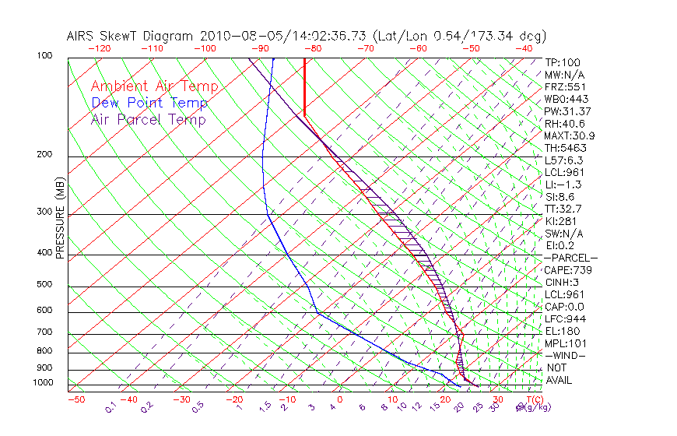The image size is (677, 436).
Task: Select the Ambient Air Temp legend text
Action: (x=155, y=86)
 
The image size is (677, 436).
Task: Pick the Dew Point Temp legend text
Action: (x=149, y=103)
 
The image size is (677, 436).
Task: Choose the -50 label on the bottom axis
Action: (x=75, y=399)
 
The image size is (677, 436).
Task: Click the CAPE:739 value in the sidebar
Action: (x=568, y=270)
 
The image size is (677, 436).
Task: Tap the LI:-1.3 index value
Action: (x=563, y=185)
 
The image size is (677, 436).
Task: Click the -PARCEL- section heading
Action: (x=570, y=258)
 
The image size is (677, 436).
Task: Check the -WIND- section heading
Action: (x=566, y=355)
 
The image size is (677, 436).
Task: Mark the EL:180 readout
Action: (x=563, y=331)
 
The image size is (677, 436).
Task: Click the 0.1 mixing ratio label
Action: (x=110, y=407)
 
